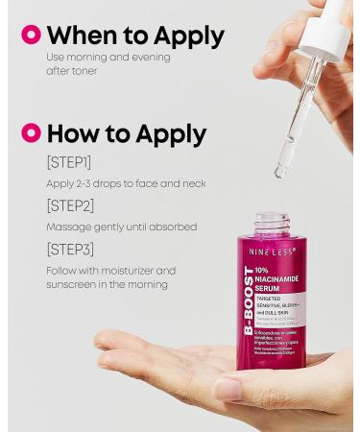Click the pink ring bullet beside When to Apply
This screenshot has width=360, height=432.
pos(32,35)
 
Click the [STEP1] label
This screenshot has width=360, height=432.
pos(69,162)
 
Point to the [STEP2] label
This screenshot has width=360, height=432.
pos(70,205)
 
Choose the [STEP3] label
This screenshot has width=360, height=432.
pos(70,250)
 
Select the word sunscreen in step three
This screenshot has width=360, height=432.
pos(74,284)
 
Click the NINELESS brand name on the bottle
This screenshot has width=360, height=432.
pos(273,252)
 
